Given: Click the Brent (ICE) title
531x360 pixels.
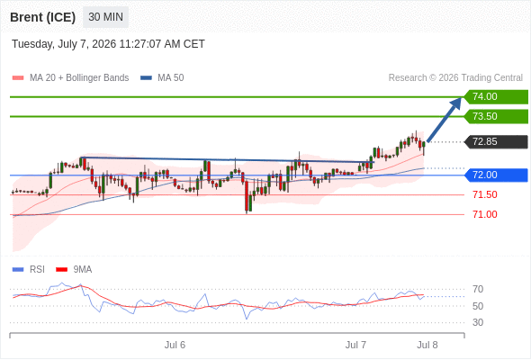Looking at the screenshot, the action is click(42, 17).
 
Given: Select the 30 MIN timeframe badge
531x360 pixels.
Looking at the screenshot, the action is click(105, 17).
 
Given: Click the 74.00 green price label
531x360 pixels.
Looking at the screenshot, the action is click(496, 97).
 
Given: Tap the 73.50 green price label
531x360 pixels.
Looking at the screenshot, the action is click(496, 116).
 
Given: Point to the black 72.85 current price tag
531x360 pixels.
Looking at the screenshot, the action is click(496, 142).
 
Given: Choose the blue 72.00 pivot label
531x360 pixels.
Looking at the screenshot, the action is click(496, 175).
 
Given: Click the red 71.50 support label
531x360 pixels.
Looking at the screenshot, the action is click(485, 194).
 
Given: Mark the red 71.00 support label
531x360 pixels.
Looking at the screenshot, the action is click(485, 214).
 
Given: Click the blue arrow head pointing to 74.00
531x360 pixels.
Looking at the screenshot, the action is click(456, 103).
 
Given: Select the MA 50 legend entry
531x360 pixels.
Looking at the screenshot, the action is click(162, 78).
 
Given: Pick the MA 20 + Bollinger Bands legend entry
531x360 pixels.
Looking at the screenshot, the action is click(70, 78).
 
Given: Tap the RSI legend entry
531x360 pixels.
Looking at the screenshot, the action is click(29, 270).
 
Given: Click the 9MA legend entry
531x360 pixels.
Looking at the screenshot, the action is click(74, 270).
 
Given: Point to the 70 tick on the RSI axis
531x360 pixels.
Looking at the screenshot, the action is click(478, 289).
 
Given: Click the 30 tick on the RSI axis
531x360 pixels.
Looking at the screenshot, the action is click(478, 322).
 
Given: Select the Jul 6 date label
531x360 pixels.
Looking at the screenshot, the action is click(175, 345).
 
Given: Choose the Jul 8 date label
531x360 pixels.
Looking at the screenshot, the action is click(427, 345).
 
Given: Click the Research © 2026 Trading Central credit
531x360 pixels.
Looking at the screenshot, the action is click(455, 78).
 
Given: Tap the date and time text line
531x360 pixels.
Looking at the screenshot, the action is click(108, 44).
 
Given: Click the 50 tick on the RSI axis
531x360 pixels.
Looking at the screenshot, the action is click(478, 306).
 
